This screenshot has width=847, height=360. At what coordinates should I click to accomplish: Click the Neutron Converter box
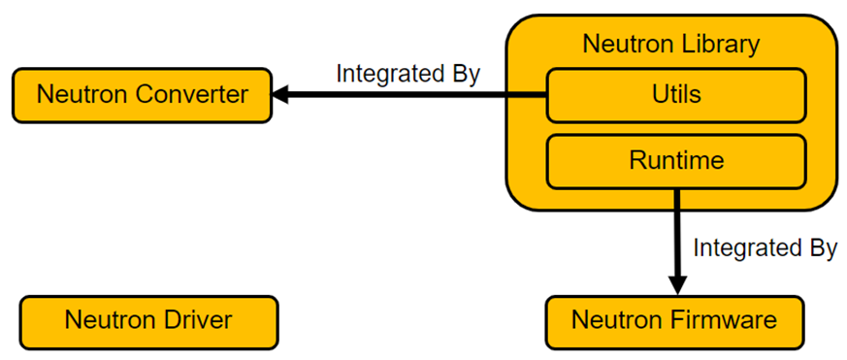(x=142, y=95)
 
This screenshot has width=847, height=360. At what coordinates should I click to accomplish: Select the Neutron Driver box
(x=149, y=323)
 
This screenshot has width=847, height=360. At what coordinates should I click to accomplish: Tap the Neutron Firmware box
(x=674, y=323)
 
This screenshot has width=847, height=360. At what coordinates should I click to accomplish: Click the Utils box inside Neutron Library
(x=676, y=95)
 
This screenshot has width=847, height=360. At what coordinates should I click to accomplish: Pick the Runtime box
(x=676, y=162)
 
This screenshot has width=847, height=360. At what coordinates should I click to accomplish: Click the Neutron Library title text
(x=671, y=45)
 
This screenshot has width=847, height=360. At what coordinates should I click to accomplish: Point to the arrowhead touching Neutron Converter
(x=280, y=95)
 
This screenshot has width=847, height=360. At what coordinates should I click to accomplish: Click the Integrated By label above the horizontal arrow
(x=407, y=74)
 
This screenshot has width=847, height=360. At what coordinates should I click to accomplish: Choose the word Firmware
(x=725, y=320)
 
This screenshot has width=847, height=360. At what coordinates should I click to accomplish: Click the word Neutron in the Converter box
(x=82, y=95)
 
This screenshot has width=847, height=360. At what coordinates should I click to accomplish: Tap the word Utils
(x=676, y=94)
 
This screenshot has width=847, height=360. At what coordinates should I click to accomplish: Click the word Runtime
(x=676, y=160)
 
